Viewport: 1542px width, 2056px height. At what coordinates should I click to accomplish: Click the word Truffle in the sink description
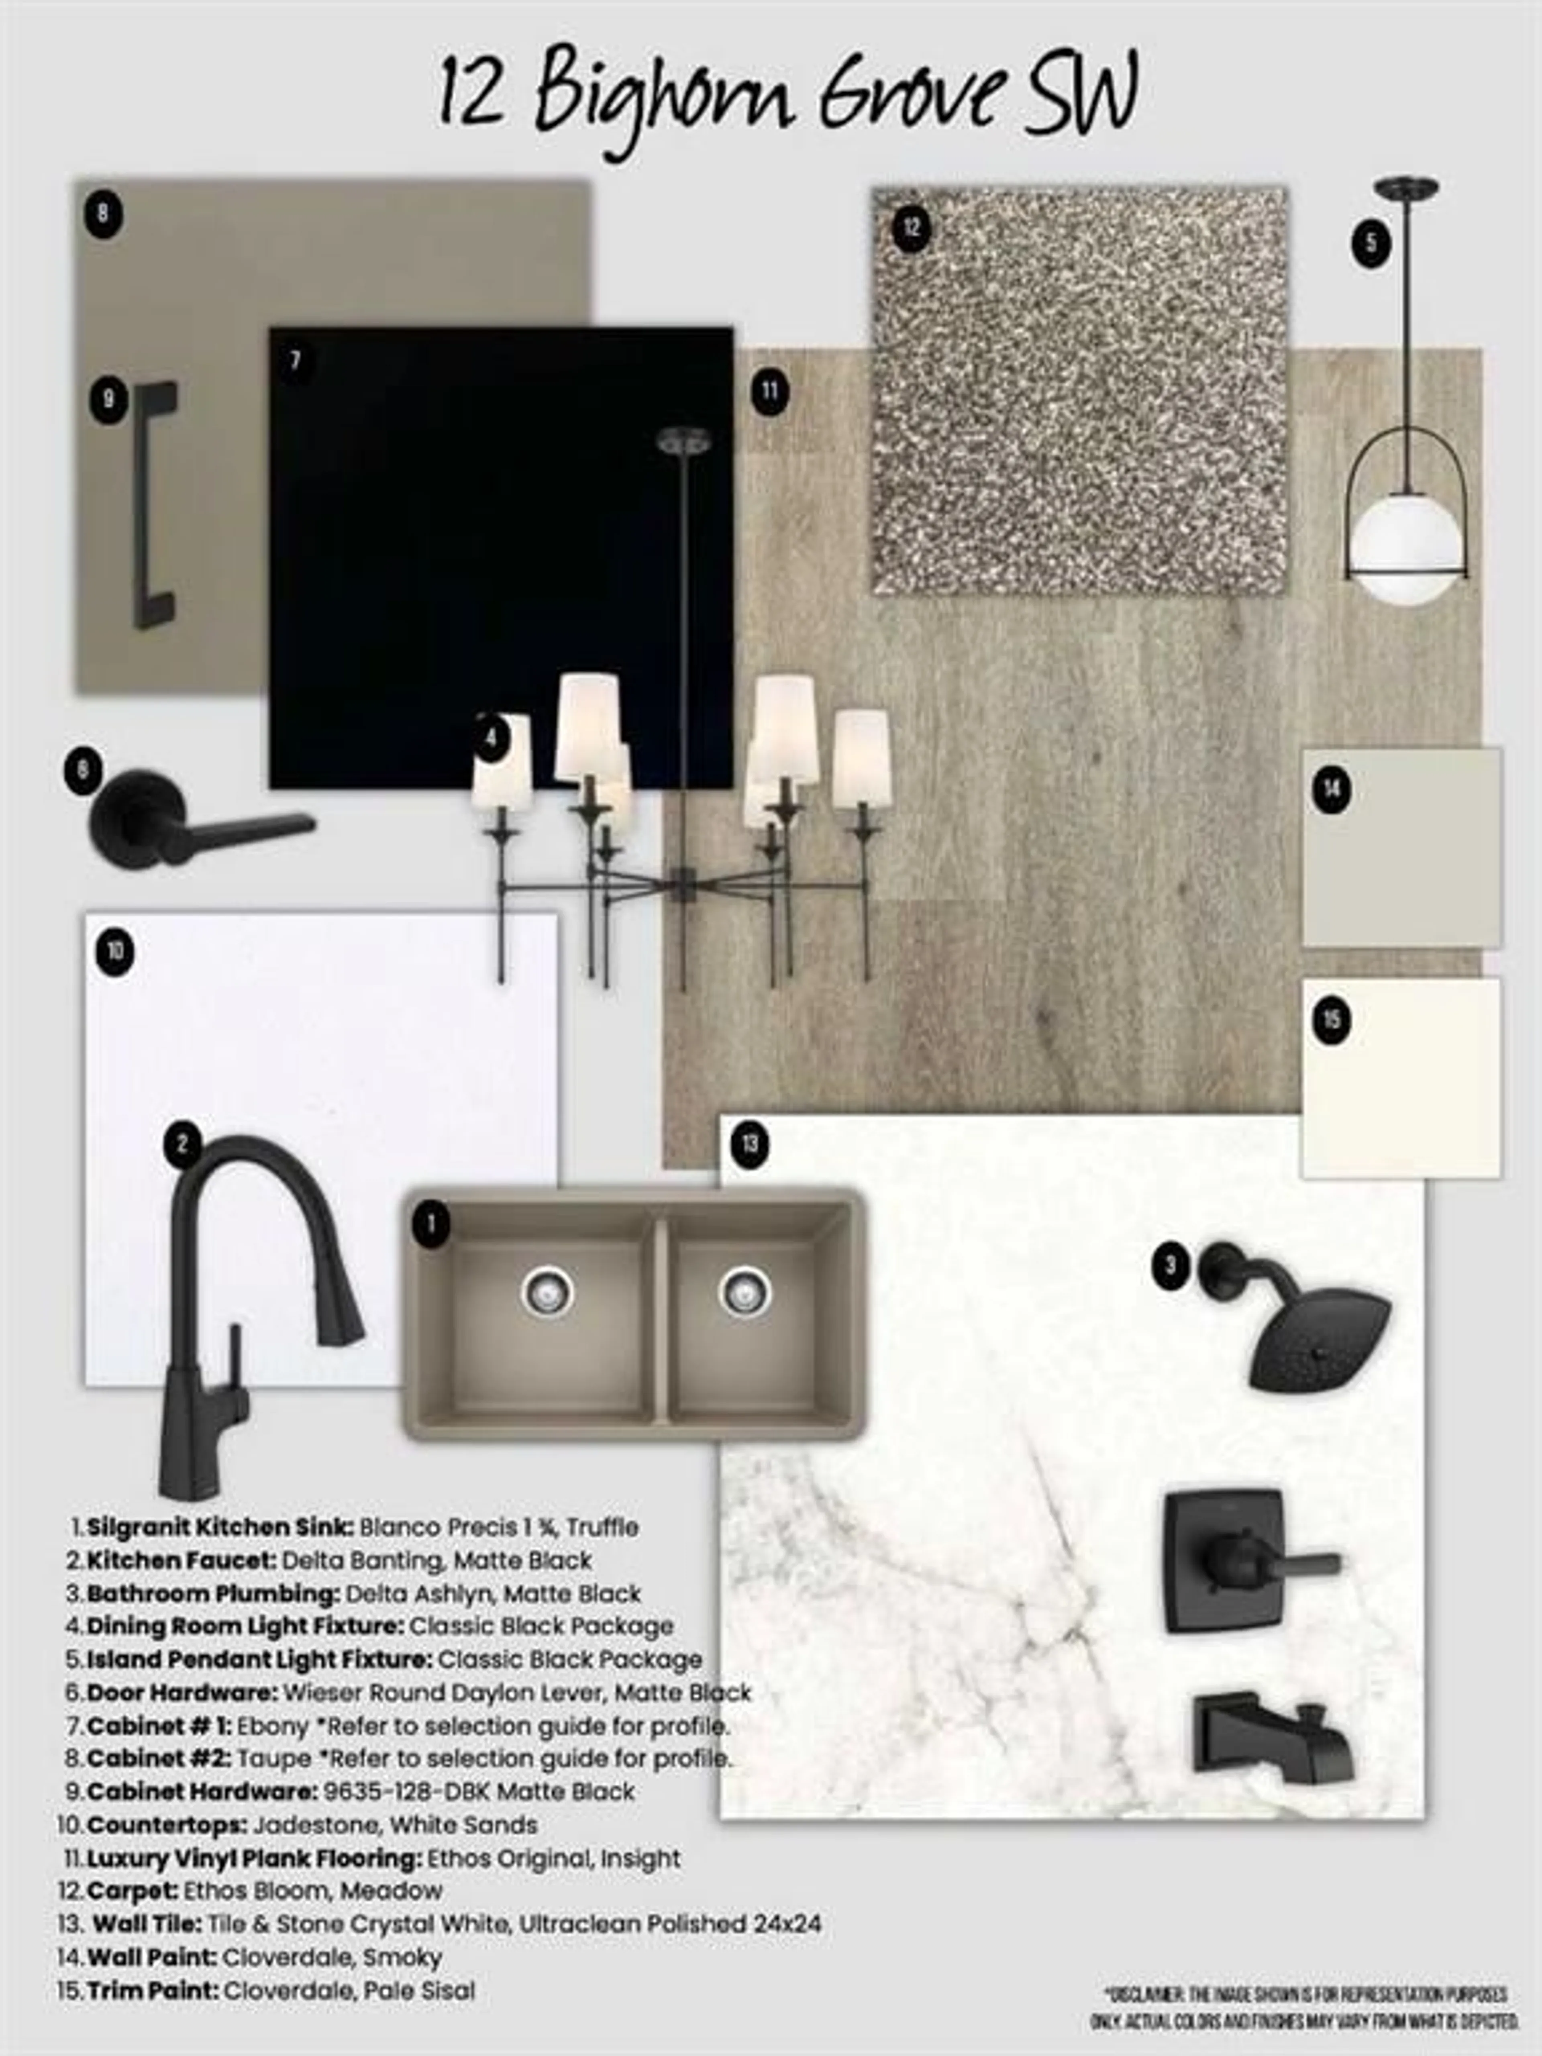pos(603,1527)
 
